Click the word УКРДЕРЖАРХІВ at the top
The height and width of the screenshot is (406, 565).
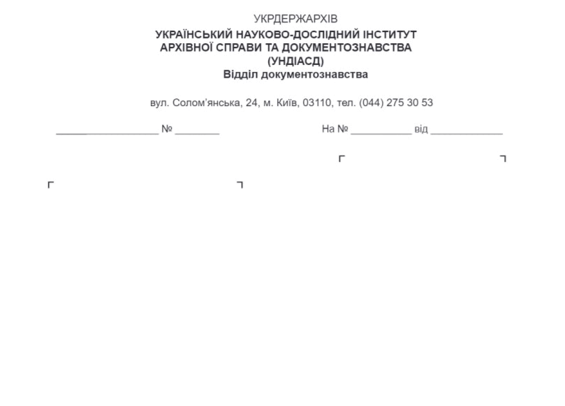(295, 19)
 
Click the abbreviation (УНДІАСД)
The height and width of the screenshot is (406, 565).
(295, 61)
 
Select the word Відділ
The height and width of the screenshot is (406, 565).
(240, 75)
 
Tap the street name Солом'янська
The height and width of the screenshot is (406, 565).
(207, 103)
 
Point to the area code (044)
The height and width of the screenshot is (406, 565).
(371, 103)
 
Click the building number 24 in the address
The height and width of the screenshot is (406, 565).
(251, 103)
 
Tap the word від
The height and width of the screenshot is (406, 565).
(421, 129)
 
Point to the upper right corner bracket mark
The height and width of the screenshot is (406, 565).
(505, 156)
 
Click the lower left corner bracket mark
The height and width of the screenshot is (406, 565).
(49, 183)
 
